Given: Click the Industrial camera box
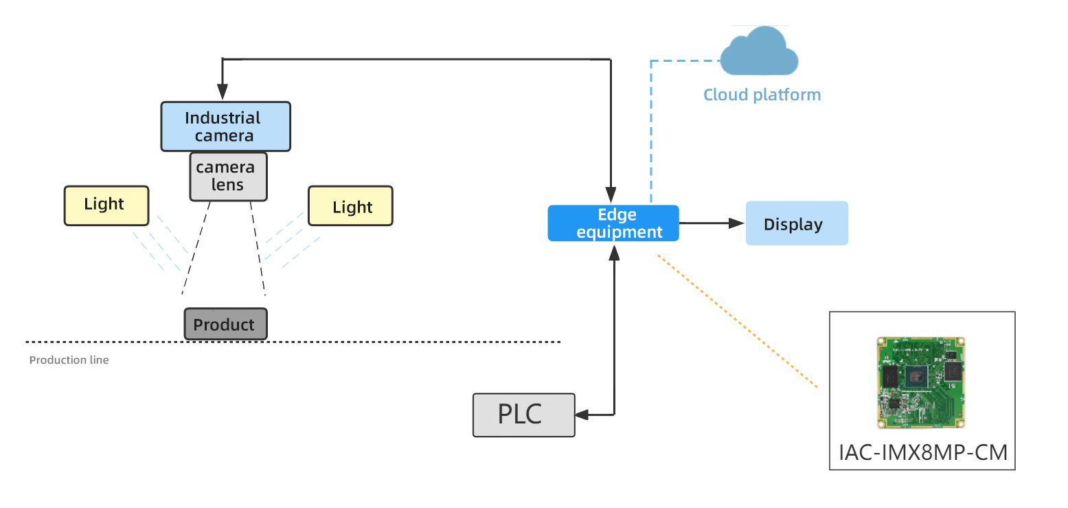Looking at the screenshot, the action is pyautogui.click(x=225, y=126).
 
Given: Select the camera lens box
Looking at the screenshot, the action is pyautogui.click(x=229, y=177).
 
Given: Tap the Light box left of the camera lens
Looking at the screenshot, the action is pyautogui.click(x=106, y=206).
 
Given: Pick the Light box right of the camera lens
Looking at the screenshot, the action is pyautogui.click(x=350, y=206).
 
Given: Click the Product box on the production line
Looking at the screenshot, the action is pyautogui.click(x=225, y=324).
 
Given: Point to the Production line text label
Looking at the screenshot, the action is pyautogui.click(x=69, y=360).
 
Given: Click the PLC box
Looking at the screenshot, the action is pyautogui.click(x=524, y=415).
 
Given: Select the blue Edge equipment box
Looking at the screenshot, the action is pyautogui.click(x=613, y=223).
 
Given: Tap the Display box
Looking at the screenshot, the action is pyautogui.click(x=797, y=223).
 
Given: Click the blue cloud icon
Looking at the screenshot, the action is pyautogui.click(x=759, y=52).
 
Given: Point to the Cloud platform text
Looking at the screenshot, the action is pyautogui.click(x=762, y=95).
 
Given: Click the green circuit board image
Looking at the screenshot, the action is pyautogui.click(x=921, y=383).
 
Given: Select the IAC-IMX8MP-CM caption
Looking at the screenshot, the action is pyautogui.click(x=923, y=452).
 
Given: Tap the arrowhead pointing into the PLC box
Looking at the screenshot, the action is pyautogui.click(x=582, y=415).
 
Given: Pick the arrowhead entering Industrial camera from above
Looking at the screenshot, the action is pyautogui.click(x=222, y=91).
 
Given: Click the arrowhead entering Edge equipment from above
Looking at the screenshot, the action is pyautogui.click(x=611, y=195).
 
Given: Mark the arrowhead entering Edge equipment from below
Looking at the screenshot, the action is pyautogui.click(x=615, y=253).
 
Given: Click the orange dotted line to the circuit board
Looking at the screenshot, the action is pyautogui.click(x=738, y=321).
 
